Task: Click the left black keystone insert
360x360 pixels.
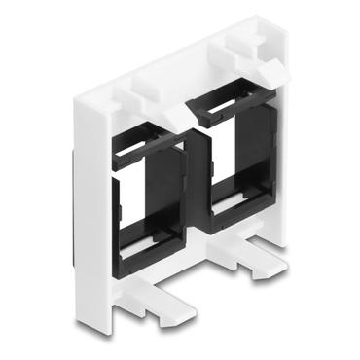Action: [x=146, y=195]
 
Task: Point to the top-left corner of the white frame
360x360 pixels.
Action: [x=79, y=96]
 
